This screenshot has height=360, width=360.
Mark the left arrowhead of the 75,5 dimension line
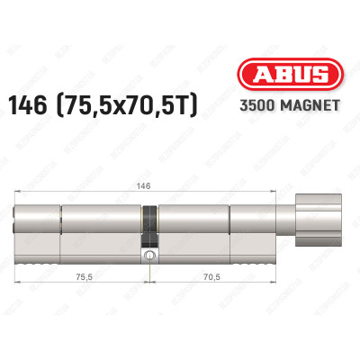click(18, 286)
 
